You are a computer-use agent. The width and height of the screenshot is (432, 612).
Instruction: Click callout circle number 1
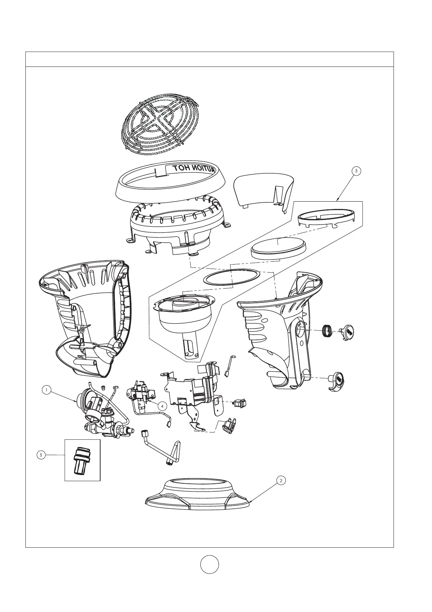click(46, 390)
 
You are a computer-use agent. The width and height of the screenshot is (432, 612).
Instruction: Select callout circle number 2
click(280, 480)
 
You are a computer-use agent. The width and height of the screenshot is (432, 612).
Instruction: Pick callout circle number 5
click(41, 455)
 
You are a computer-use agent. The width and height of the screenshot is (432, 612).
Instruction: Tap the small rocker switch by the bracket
click(239, 403)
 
